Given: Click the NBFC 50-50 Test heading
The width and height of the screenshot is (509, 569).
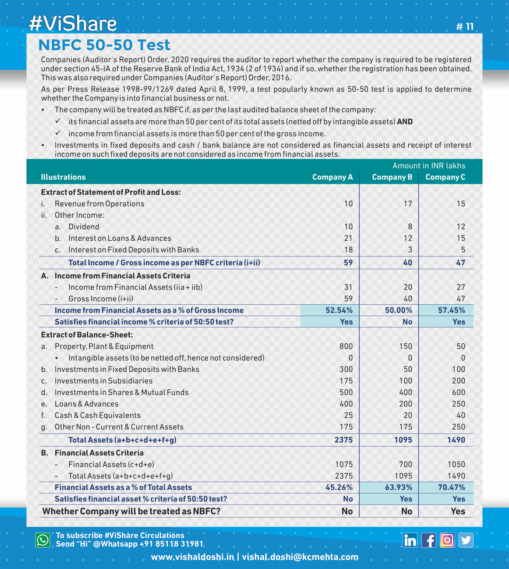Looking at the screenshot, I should pos(104,45).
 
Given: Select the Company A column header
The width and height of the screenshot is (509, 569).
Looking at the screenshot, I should pos(332,177).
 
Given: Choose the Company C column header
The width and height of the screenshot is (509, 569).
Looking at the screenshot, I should pos(445,177).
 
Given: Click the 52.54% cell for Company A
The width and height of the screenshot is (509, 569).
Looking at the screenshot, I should pos(339,310).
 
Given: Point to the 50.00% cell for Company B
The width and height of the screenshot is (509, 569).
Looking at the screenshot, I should pos(399,310).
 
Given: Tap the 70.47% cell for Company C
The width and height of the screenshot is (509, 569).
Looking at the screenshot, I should pos(451,487).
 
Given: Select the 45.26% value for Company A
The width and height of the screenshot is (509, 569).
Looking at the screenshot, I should pos(339,487).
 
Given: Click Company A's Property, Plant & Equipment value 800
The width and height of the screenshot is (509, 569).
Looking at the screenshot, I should pos(346,346).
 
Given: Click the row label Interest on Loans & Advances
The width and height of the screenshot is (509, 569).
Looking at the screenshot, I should pos(120,238).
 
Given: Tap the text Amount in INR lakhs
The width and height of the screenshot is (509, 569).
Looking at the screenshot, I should pos(429,166).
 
